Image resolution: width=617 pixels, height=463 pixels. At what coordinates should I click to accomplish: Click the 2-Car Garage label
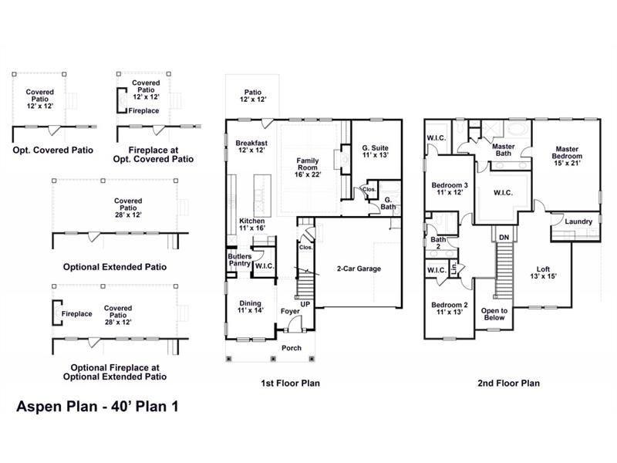[x=359, y=269]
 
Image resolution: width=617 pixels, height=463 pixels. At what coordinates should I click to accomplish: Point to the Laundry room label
[x=578, y=222]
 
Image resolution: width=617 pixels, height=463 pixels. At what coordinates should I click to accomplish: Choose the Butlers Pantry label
[x=239, y=260]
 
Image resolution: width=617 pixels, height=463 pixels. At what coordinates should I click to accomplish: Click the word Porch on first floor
[x=292, y=348]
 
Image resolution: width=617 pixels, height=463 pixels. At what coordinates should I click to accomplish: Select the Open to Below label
[x=494, y=313]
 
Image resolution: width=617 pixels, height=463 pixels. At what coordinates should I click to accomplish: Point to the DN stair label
[x=504, y=237]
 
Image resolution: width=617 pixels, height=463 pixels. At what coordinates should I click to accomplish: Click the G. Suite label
[x=375, y=150]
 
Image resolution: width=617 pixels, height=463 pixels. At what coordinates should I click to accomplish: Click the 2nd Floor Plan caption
[x=508, y=383]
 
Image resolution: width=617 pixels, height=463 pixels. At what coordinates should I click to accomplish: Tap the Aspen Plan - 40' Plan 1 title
[x=97, y=407]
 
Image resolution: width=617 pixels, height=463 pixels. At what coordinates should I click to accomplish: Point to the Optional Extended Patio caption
[x=115, y=267]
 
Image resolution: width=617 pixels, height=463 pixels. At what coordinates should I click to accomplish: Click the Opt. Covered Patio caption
[x=52, y=150]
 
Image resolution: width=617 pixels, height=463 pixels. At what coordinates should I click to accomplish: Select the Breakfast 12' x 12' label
[x=251, y=147]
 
